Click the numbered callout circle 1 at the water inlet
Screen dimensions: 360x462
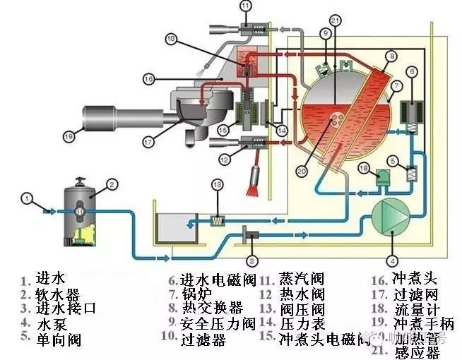coord(26,198)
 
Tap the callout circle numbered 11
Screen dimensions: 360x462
coord(246,7)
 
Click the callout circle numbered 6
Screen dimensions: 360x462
coord(410,71)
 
